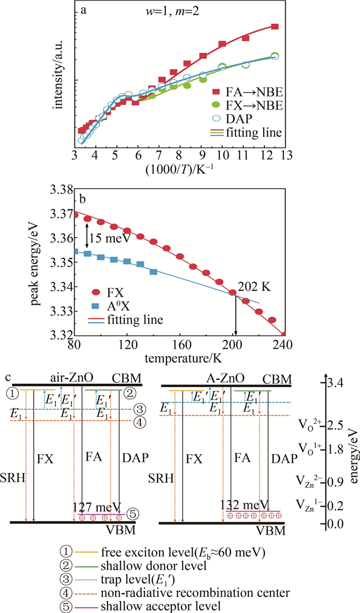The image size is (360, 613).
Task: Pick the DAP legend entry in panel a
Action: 238,119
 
